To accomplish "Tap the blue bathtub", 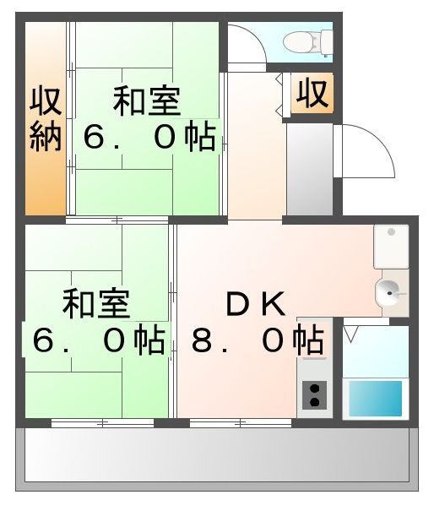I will (x=375, y=397).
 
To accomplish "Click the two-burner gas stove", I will (x=314, y=394).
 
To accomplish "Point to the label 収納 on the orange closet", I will (x=46, y=118).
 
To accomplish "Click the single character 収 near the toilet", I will (x=312, y=93).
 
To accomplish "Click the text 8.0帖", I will (x=258, y=340).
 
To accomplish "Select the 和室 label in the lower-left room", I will (x=95, y=304).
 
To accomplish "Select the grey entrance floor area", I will (x=310, y=169).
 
